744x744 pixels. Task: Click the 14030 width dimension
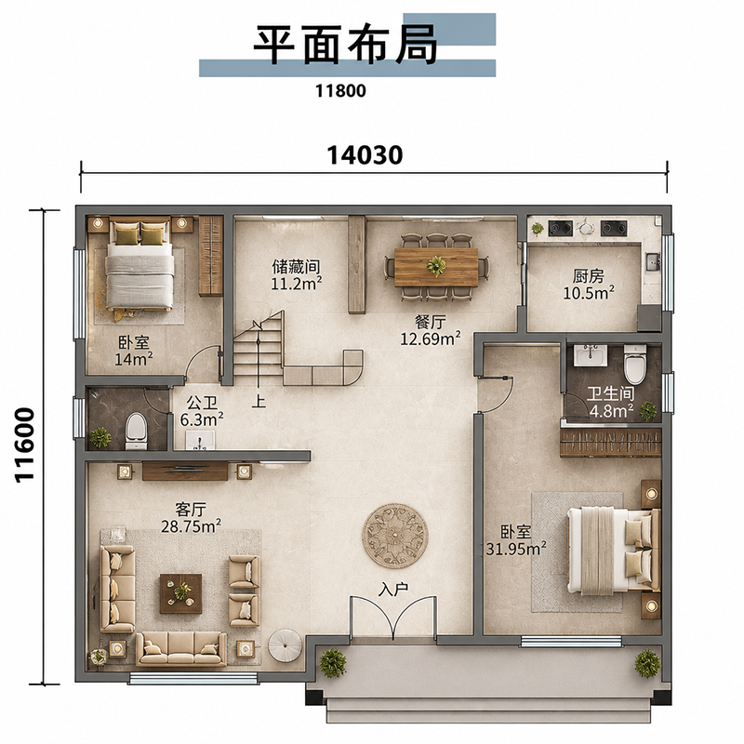tap(365, 155)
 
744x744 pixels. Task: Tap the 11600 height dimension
tap(25, 445)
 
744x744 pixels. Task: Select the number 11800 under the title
tap(340, 90)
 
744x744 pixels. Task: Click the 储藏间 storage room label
tap(296, 267)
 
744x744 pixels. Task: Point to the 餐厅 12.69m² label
tap(431, 331)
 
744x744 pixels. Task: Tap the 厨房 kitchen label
tap(588, 275)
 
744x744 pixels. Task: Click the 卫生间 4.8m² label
tap(611, 402)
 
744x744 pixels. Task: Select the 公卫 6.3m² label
tap(202, 411)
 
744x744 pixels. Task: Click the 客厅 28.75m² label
tap(191, 518)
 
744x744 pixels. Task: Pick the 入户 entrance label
tap(393, 590)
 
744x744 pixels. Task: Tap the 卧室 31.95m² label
tap(516, 540)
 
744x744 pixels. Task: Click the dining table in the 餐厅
tap(436, 267)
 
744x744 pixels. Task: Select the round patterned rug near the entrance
tap(395, 536)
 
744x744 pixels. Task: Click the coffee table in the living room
tap(180, 593)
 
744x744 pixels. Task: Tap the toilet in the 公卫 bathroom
tap(137, 432)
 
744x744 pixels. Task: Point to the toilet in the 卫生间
tap(635, 364)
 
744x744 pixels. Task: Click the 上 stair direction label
tap(259, 402)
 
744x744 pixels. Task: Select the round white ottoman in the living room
tap(285, 645)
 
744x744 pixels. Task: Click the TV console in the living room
tap(185, 472)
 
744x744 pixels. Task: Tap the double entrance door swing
tap(393, 616)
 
